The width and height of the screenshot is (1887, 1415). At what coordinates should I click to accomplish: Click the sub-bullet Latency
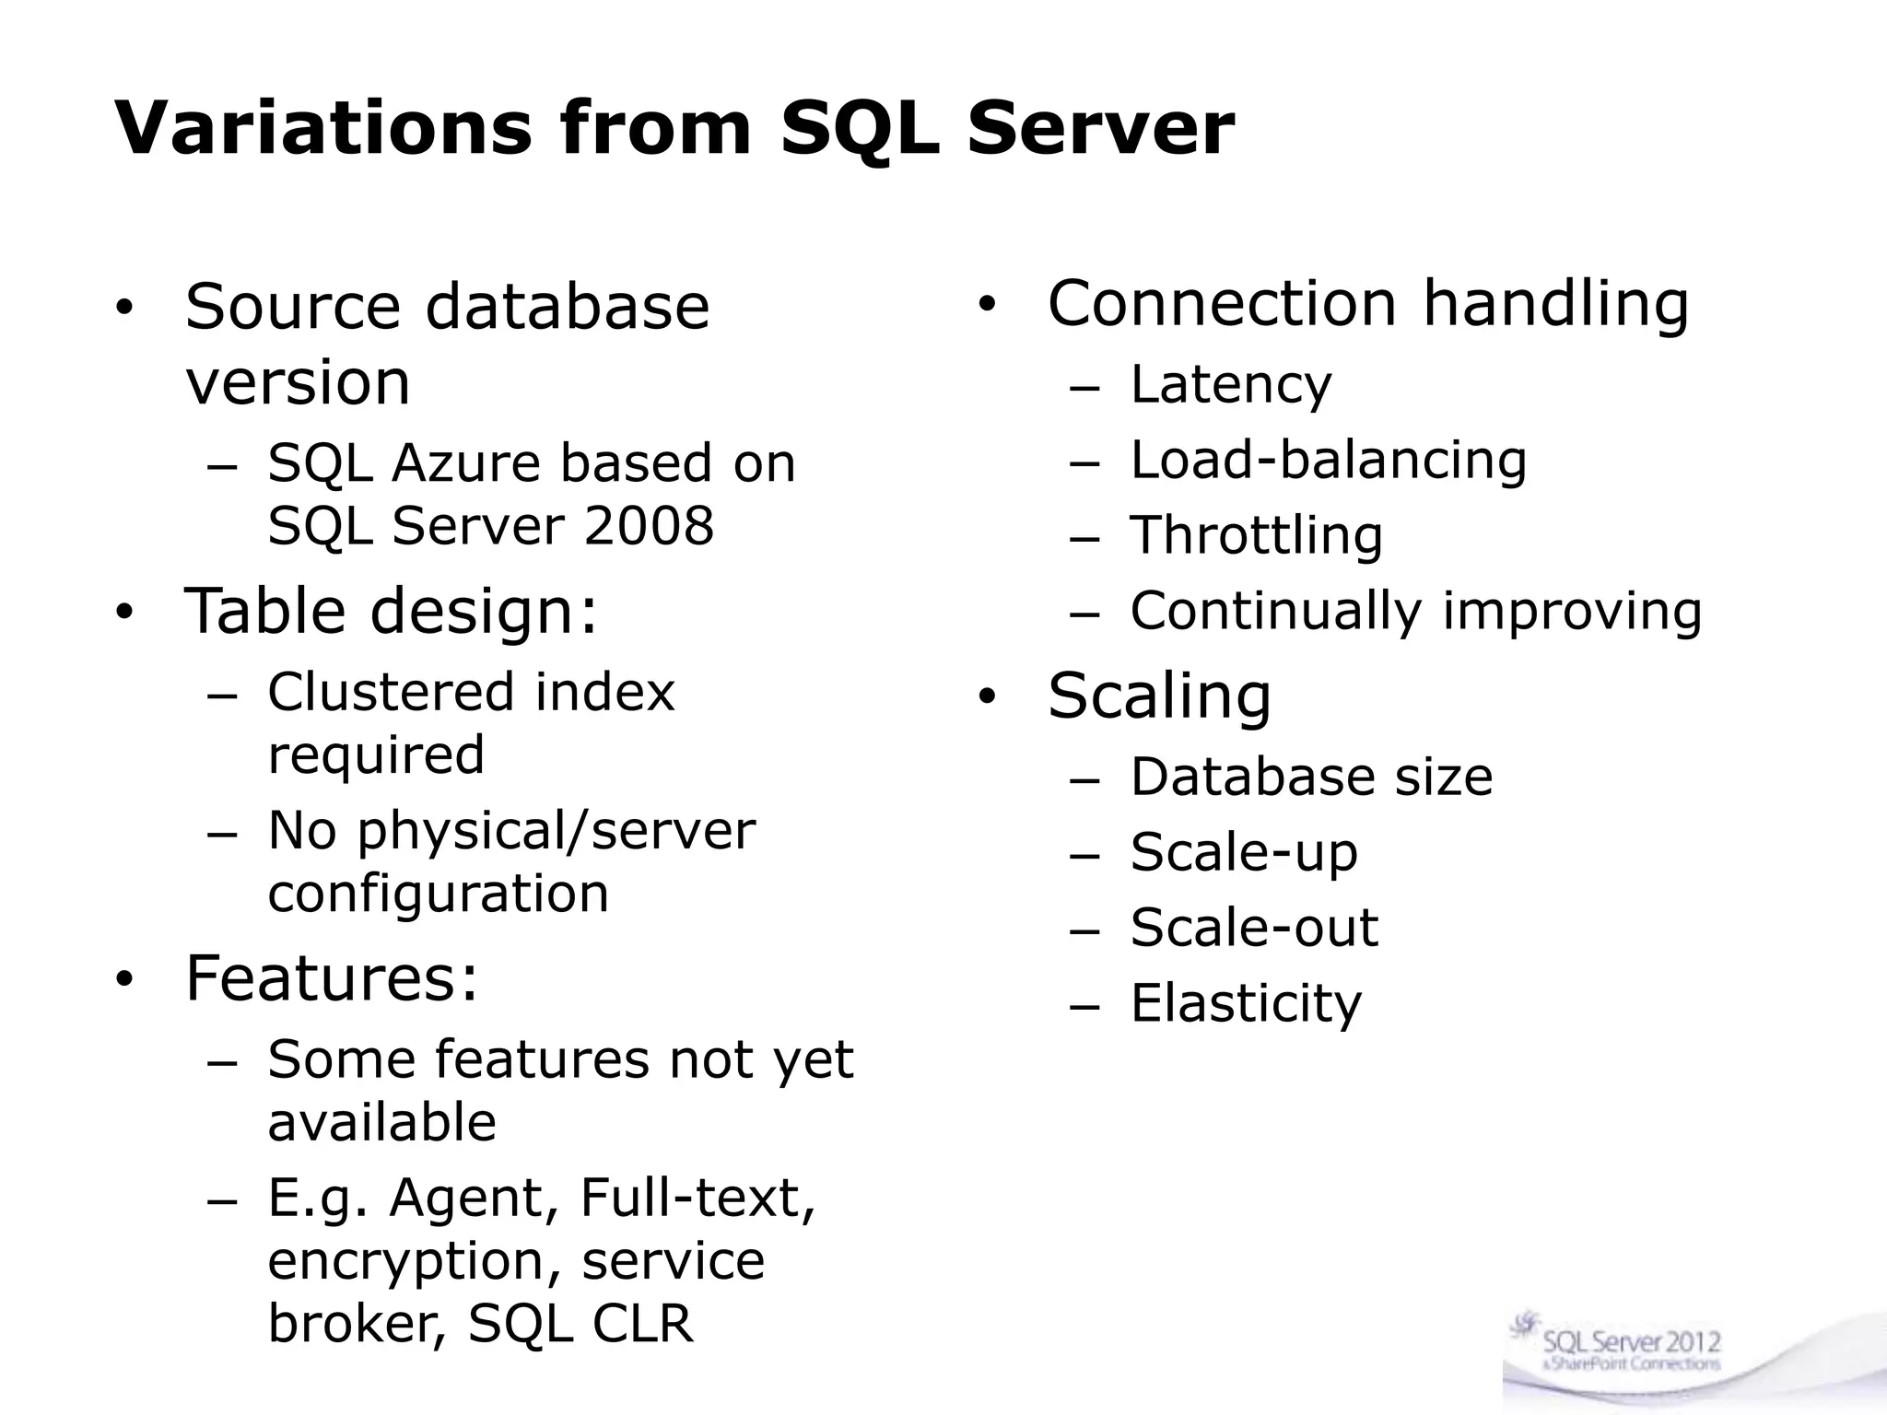click(x=1230, y=385)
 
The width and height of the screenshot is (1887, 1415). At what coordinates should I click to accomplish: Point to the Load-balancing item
click(x=1328, y=460)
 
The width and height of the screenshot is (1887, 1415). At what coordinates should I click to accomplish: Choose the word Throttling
click(x=1256, y=536)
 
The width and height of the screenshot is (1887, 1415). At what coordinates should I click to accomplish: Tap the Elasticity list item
click(x=1245, y=1003)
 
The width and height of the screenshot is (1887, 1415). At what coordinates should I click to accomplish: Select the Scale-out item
click(x=1253, y=928)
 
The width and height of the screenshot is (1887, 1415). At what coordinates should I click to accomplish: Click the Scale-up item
click(x=1244, y=852)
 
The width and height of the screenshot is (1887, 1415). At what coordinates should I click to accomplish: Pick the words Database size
click(x=1310, y=777)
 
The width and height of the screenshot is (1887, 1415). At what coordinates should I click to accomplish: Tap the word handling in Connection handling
click(x=1555, y=304)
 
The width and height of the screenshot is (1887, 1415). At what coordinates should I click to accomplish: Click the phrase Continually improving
click(x=1415, y=612)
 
